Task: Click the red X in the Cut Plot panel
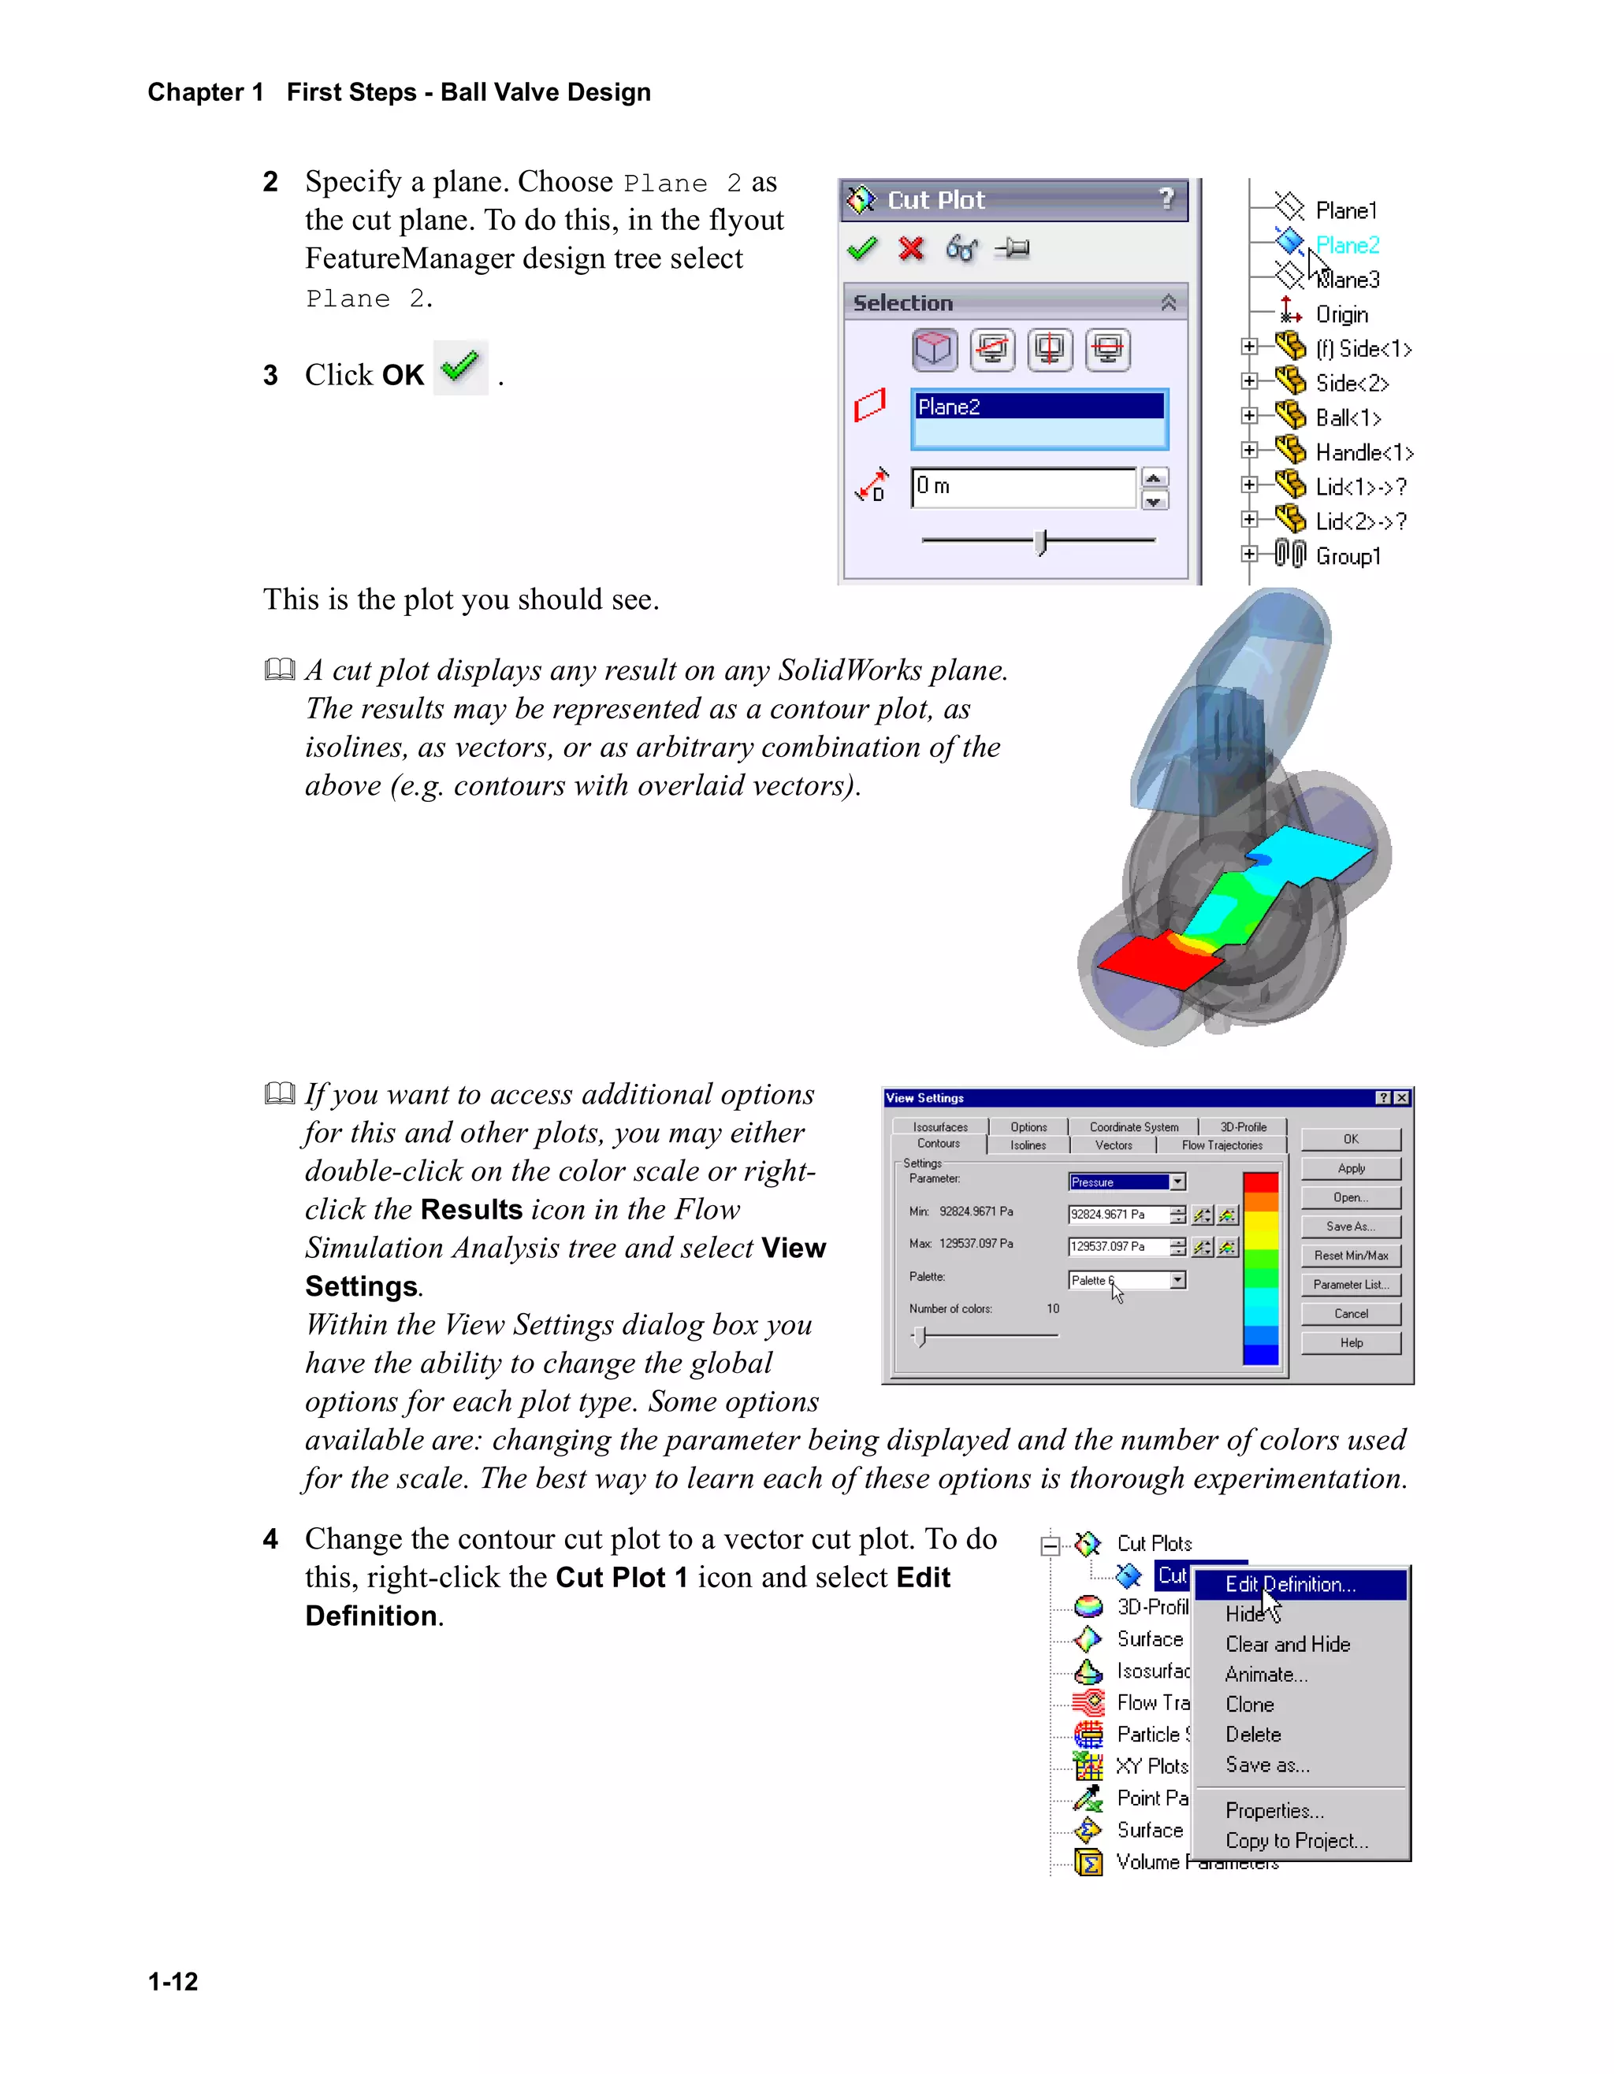tap(910, 249)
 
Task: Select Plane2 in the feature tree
tap(1346, 245)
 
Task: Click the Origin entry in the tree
tap(1341, 314)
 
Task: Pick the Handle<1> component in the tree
tap(1363, 453)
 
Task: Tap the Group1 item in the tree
tap(1347, 556)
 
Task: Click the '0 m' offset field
tap(1022, 487)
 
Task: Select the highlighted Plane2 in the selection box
tap(1039, 406)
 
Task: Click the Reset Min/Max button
tap(1350, 1256)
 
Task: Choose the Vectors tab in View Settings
tap(1114, 1145)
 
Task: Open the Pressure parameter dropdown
tap(1178, 1182)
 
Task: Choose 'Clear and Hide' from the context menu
tap(1287, 1645)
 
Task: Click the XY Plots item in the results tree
tap(1151, 1766)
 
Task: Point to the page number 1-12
tap(173, 1982)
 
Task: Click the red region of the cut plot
tap(1155, 966)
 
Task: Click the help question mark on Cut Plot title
tap(1166, 198)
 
